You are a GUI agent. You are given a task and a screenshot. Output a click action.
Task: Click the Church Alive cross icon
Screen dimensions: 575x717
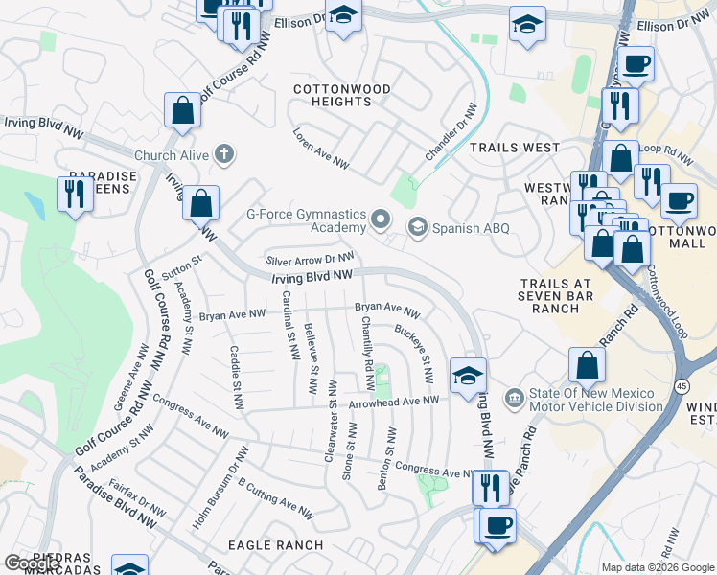point(224,154)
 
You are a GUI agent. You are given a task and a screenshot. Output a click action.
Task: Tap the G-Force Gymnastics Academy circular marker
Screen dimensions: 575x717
point(382,220)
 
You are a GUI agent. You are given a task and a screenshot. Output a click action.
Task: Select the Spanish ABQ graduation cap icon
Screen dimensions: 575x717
point(417,228)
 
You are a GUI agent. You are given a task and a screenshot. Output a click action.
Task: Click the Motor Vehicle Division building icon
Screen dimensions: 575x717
point(515,396)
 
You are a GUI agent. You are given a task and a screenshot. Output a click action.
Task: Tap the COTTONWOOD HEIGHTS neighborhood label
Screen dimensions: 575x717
point(342,95)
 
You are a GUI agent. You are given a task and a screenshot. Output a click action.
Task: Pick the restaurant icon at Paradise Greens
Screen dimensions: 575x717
point(75,194)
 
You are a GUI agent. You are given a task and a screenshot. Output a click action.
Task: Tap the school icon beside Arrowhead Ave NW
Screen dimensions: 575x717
point(468,375)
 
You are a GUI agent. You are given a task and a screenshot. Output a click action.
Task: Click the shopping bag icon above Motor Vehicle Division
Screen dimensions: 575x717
point(587,364)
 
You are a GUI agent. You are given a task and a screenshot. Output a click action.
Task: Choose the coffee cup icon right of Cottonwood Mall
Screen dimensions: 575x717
point(679,200)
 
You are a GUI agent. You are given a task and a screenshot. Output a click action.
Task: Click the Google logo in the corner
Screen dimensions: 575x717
point(33,563)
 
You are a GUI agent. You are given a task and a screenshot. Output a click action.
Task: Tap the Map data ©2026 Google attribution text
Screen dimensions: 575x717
point(657,566)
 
